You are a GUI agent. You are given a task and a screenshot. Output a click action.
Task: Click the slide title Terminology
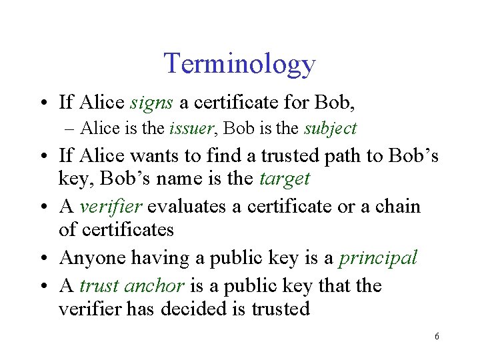click(x=239, y=63)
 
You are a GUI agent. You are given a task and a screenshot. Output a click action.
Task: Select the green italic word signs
click(x=152, y=102)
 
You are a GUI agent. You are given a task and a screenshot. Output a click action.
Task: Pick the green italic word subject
click(x=331, y=128)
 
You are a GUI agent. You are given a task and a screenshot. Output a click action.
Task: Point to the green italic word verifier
click(x=111, y=206)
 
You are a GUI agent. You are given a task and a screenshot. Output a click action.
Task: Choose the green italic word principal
click(x=377, y=257)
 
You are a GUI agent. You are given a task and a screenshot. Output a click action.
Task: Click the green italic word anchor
click(x=153, y=285)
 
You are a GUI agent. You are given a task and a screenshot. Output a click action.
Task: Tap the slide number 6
click(x=436, y=337)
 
